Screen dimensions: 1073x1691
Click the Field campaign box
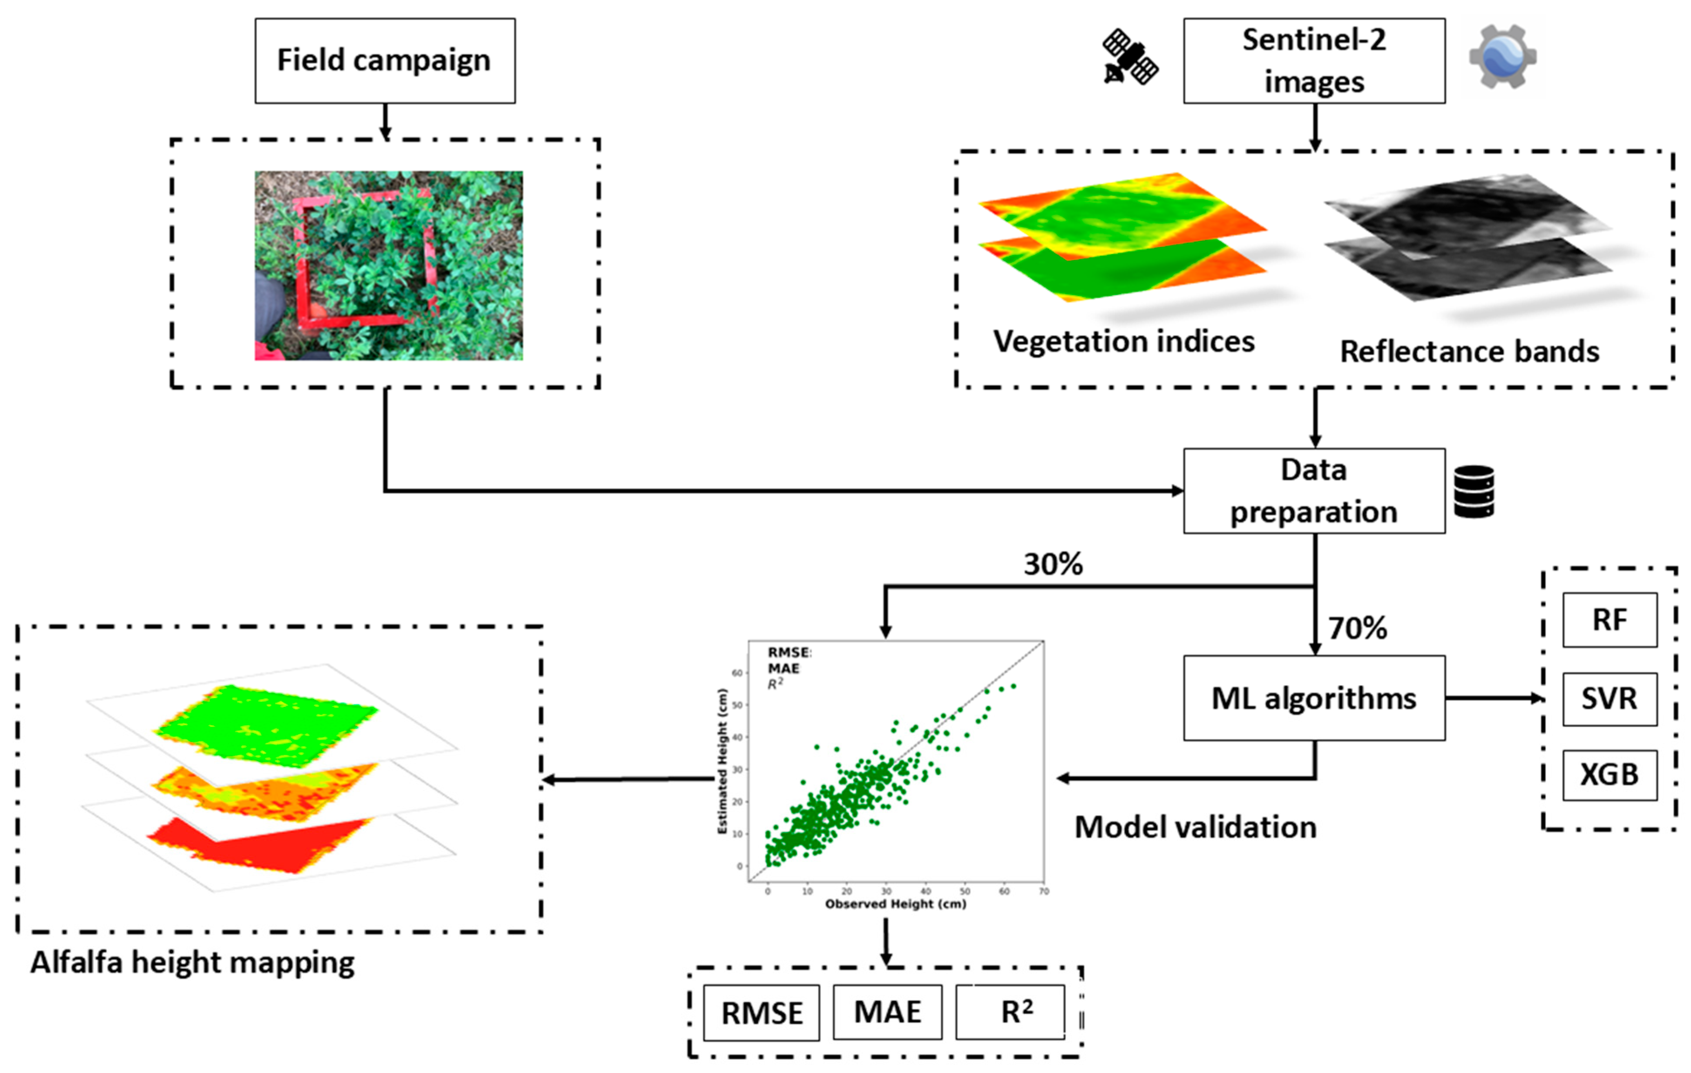(385, 61)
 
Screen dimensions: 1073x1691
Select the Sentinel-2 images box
(1314, 61)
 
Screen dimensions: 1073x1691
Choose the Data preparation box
(1314, 491)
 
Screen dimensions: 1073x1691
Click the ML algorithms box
(1314, 698)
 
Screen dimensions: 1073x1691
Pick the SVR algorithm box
(1610, 699)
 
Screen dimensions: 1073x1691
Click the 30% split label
(1053, 564)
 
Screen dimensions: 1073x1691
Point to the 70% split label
(1357, 628)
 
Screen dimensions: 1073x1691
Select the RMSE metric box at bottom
(762, 1012)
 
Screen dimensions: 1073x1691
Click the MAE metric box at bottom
(888, 1012)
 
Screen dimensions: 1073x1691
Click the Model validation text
(1195, 827)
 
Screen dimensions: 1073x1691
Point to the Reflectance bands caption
(1469, 352)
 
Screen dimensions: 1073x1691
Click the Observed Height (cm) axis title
(895, 904)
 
